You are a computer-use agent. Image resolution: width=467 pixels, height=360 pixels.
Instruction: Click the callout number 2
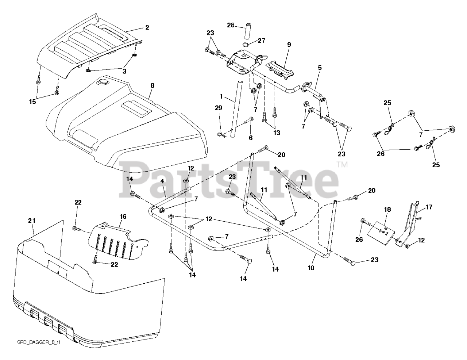click(x=147, y=27)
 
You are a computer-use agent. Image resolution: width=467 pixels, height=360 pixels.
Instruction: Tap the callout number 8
click(x=152, y=85)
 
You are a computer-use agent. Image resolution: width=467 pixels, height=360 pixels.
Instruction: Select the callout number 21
click(x=32, y=221)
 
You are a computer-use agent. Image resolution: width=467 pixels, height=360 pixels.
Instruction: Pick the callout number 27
click(x=261, y=41)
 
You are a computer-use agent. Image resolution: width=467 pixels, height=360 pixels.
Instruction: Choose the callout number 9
click(x=289, y=45)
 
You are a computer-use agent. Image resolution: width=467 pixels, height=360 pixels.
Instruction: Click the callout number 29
click(x=219, y=108)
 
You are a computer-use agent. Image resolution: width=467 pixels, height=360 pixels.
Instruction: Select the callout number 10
click(x=311, y=268)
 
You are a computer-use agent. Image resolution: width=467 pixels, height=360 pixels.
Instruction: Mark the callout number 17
click(x=429, y=207)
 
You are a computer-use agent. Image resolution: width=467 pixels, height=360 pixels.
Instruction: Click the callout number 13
click(x=277, y=133)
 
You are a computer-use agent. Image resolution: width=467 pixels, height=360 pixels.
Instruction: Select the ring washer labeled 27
click(x=246, y=45)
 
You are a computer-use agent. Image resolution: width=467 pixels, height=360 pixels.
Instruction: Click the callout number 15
click(x=32, y=102)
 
